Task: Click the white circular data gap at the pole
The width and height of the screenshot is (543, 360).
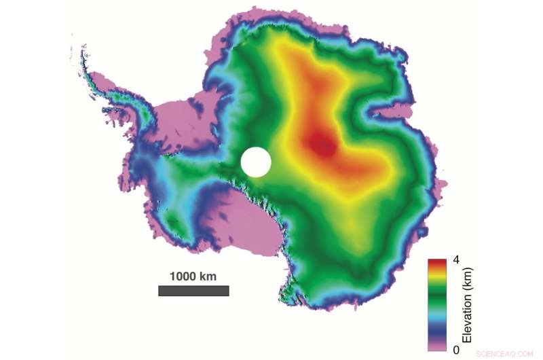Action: [256, 162]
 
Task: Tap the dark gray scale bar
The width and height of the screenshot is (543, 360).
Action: [193, 291]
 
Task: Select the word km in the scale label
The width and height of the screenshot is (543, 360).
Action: [208, 276]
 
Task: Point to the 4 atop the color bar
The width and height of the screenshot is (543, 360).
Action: [455, 259]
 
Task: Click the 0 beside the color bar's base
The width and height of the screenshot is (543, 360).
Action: [455, 349]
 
